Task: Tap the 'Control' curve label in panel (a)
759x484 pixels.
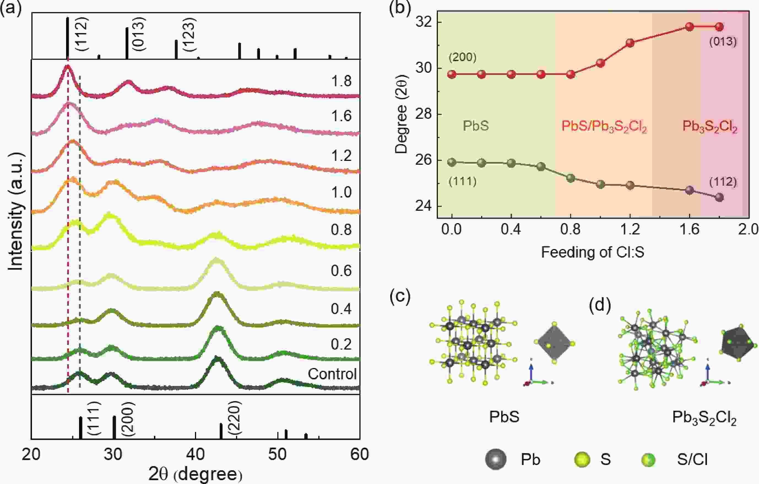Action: pyautogui.click(x=332, y=374)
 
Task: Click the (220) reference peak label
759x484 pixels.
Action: pyautogui.click(x=235, y=418)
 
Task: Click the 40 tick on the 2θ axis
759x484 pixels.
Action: pyautogui.click(x=196, y=454)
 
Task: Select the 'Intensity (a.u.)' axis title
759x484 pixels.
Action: pyautogui.click(x=16, y=211)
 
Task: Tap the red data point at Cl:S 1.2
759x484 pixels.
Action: pyautogui.click(x=630, y=43)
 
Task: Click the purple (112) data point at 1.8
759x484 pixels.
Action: pyautogui.click(x=719, y=198)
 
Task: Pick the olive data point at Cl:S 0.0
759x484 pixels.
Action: pyautogui.click(x=452, y=162)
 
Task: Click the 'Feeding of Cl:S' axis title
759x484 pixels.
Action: pyautogui.click(x=593, y=252)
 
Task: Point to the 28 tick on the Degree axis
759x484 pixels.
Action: pyautogui.click(x=422, y=114)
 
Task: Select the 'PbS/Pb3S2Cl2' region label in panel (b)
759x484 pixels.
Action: pyautogui.click(x=604, y=126)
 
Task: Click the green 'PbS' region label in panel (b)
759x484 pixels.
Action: pyautogui.click(x=476, y=126)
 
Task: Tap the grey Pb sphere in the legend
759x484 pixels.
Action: pyautogui.click(x=496, y=459)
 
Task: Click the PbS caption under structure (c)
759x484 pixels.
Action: pyautogui.click(x=504, y=417)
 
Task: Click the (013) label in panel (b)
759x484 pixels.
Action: pyautogui.click(x=723, y=42)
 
